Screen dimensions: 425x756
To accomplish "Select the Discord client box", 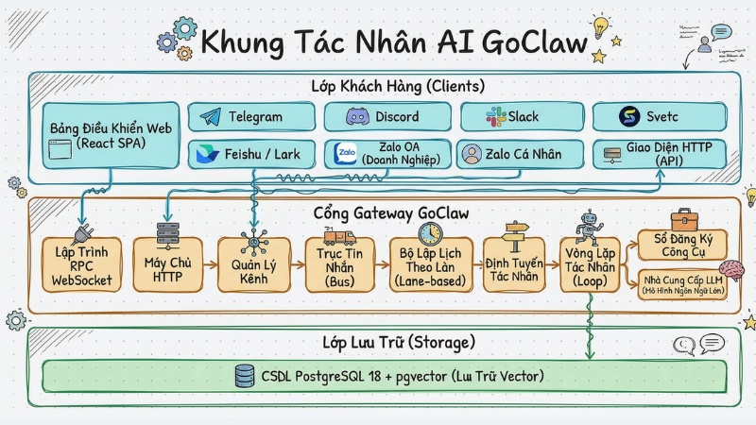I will [x=383, y=117].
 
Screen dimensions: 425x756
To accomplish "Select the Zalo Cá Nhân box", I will [x=515, y=154].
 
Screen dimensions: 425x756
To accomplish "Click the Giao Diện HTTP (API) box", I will [x=659, y=154].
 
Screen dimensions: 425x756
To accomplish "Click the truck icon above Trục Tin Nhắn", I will [x=338, y=236].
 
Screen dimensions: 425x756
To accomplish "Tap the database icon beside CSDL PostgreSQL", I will [x=245, y=376].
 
